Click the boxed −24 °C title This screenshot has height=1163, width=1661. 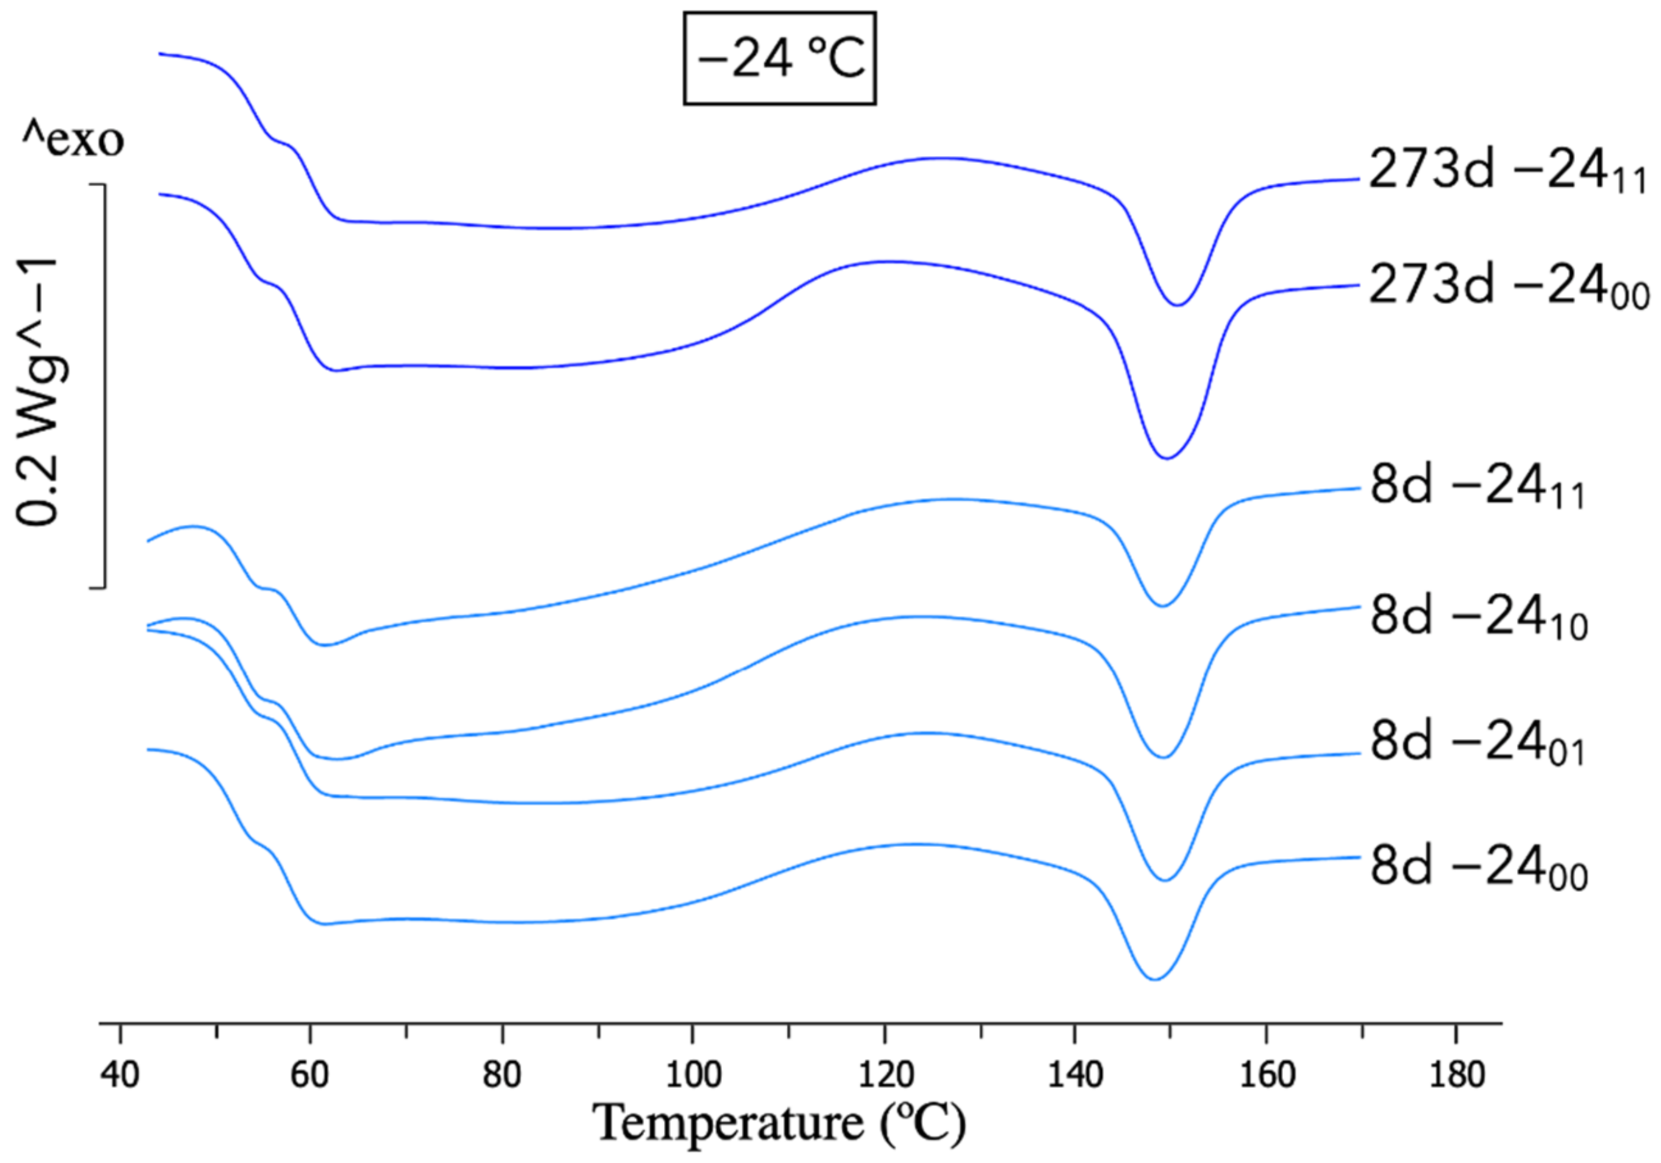(x=779, y=58)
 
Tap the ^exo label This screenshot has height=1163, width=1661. (x=72, y=141)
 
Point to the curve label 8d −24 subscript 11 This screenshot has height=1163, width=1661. (x=1477, y=492)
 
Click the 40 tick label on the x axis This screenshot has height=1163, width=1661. (x=120, y=1076)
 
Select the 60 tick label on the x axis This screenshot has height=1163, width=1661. (x=310, y=1076)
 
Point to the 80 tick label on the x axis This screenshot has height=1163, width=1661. (x=501, y=1076)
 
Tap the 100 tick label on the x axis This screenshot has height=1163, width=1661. (x=692, y=1076)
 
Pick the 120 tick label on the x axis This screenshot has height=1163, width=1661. (x=883, y=1076)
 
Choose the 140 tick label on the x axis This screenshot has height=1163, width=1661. (x=1074, y=1076)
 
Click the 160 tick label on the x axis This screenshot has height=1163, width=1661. (x=1266, y=1076)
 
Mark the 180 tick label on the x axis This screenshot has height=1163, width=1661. (x=1457, y=1076)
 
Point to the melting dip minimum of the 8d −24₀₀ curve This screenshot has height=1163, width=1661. (x=1155, y=979)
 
